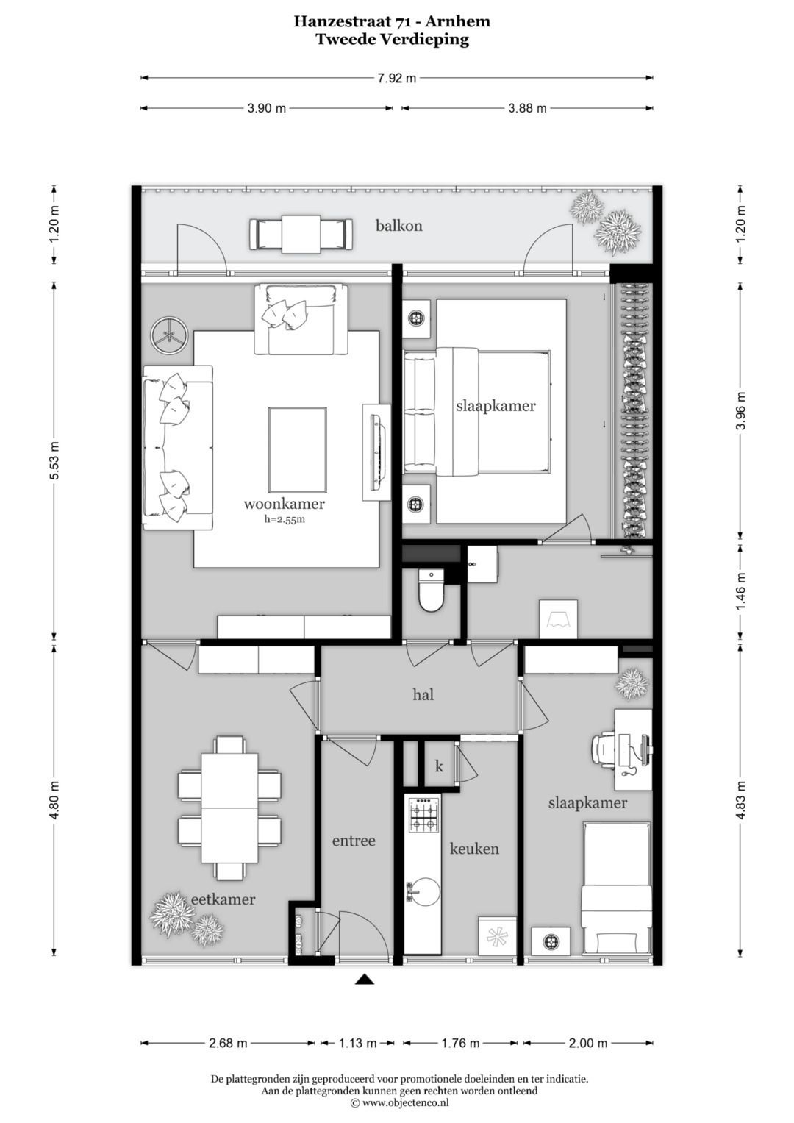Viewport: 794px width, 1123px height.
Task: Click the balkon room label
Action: (399, 226)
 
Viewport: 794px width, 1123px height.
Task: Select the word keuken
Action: (474, 848)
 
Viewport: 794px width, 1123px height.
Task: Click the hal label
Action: (423, 694)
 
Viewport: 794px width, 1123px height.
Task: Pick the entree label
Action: (354, 841)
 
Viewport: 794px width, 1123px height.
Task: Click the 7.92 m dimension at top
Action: (396, 78)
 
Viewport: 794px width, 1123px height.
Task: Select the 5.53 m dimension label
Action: (54, 460)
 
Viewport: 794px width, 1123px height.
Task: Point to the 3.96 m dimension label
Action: (742, 410)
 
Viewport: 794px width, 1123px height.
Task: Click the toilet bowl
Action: (431, 591)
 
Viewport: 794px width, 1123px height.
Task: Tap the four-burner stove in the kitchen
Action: (425, 814)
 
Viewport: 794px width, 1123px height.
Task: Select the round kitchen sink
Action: (425, 891)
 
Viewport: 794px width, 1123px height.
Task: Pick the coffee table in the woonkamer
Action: (298, 449)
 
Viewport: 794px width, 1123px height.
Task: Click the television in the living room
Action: (376, 452)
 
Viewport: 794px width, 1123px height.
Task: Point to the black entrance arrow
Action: (365, 979)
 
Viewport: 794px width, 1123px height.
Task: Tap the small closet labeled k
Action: (439, 766)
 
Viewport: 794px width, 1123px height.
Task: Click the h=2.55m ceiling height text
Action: (285, 519)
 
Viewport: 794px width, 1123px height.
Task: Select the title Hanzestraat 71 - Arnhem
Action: (392, 21)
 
